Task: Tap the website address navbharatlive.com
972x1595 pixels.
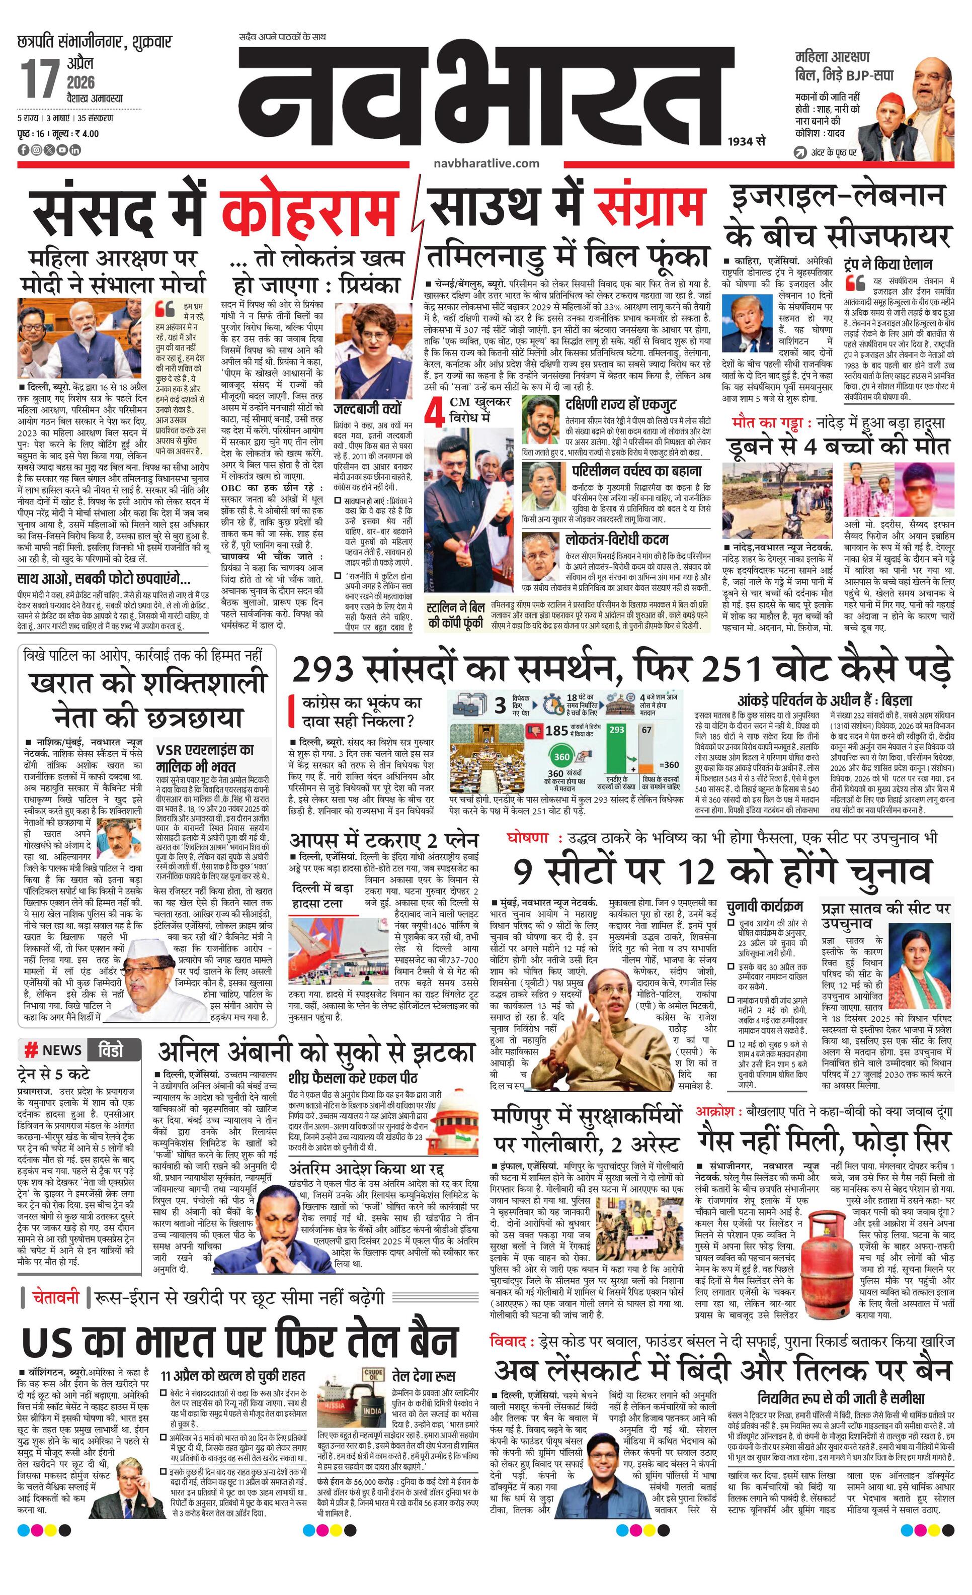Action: click(488, 162)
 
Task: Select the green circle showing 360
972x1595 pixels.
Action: click(561, 757)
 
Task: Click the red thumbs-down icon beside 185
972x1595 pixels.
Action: click(535, 731)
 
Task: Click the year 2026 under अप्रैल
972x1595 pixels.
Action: click(80, 82)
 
